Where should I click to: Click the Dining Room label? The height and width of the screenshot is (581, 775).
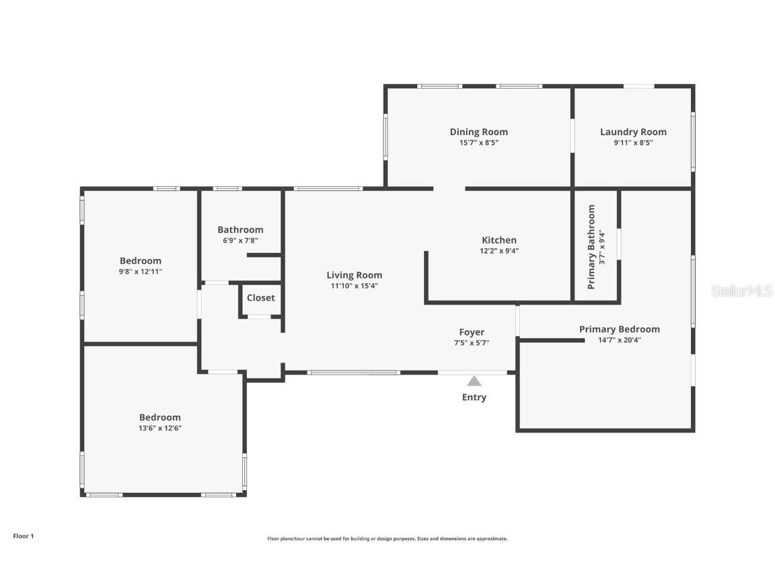click(478, 132)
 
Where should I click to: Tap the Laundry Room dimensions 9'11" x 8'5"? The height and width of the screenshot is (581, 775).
click(632, 143)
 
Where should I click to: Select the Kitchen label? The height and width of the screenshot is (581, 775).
click(499, 240)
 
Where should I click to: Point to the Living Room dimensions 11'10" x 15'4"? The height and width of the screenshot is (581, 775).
click(354, 286)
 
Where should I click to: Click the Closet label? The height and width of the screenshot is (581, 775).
click(260, 298)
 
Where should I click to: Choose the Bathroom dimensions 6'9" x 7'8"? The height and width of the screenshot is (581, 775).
click(240, 240)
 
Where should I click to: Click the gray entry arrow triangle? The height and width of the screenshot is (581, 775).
click(474, 381)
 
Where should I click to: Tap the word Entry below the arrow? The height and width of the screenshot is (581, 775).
click(474, 397)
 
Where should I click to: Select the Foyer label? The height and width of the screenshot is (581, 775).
click(472, 332)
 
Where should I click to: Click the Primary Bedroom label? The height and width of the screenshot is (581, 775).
click(619, 329)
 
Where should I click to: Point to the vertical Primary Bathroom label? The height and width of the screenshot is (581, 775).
click(592, 247)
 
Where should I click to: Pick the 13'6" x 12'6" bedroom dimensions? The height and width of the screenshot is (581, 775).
click(160, 428)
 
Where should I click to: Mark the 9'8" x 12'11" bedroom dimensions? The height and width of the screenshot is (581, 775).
click(141, 272)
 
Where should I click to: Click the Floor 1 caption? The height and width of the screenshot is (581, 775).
click(23, 536)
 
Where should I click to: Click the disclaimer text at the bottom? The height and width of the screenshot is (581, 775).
click(387, 539)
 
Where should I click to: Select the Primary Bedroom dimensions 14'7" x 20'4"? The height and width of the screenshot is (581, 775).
click(619, 340)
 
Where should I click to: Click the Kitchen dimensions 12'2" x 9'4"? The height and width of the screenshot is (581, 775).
click(499, 251)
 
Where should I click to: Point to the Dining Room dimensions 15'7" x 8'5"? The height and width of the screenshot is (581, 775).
click(478, 143)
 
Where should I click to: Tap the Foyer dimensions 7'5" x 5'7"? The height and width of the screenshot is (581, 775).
click(472, 342)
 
